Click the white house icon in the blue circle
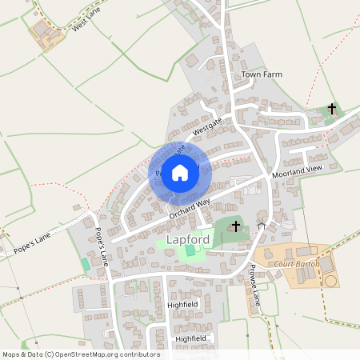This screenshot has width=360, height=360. (180, 172)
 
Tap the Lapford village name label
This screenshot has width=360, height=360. (190, 239)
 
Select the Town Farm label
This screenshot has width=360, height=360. (262, 74)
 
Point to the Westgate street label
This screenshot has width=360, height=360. (206, 127)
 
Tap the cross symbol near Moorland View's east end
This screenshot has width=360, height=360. (332, 108)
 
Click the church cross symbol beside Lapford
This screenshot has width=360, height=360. (235, 227)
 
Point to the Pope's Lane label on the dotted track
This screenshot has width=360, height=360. (31, 243)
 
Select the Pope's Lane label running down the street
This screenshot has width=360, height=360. (102, 249)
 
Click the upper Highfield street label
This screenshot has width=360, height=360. (182, 305)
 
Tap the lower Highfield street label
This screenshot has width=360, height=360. (190, 338)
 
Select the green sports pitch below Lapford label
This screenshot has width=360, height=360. (190, 251)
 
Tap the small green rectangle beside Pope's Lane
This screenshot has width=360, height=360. (86, 263)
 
